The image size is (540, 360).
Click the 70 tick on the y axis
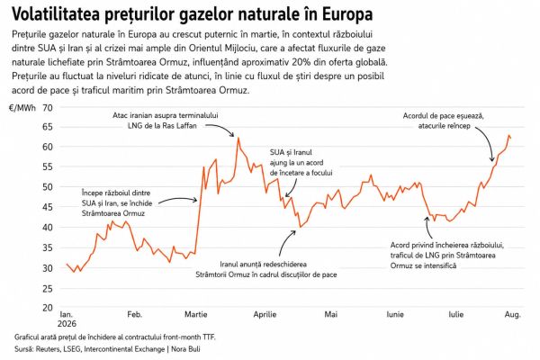48,108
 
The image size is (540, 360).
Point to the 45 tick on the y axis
48,207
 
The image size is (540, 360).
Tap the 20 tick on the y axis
48,308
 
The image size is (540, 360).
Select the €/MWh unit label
22,108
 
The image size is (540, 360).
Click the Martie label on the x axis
196,314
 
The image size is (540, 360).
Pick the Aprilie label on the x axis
265,314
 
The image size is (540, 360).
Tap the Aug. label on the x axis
513,314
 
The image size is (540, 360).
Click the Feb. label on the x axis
135,314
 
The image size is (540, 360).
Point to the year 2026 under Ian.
67,324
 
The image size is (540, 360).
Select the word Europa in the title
347,14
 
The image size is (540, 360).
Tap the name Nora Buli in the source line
185,349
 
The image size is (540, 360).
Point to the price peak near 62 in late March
238,138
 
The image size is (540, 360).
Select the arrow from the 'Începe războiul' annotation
177,199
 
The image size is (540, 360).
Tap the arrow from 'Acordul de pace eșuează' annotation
485,142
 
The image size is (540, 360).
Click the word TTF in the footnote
209,337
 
